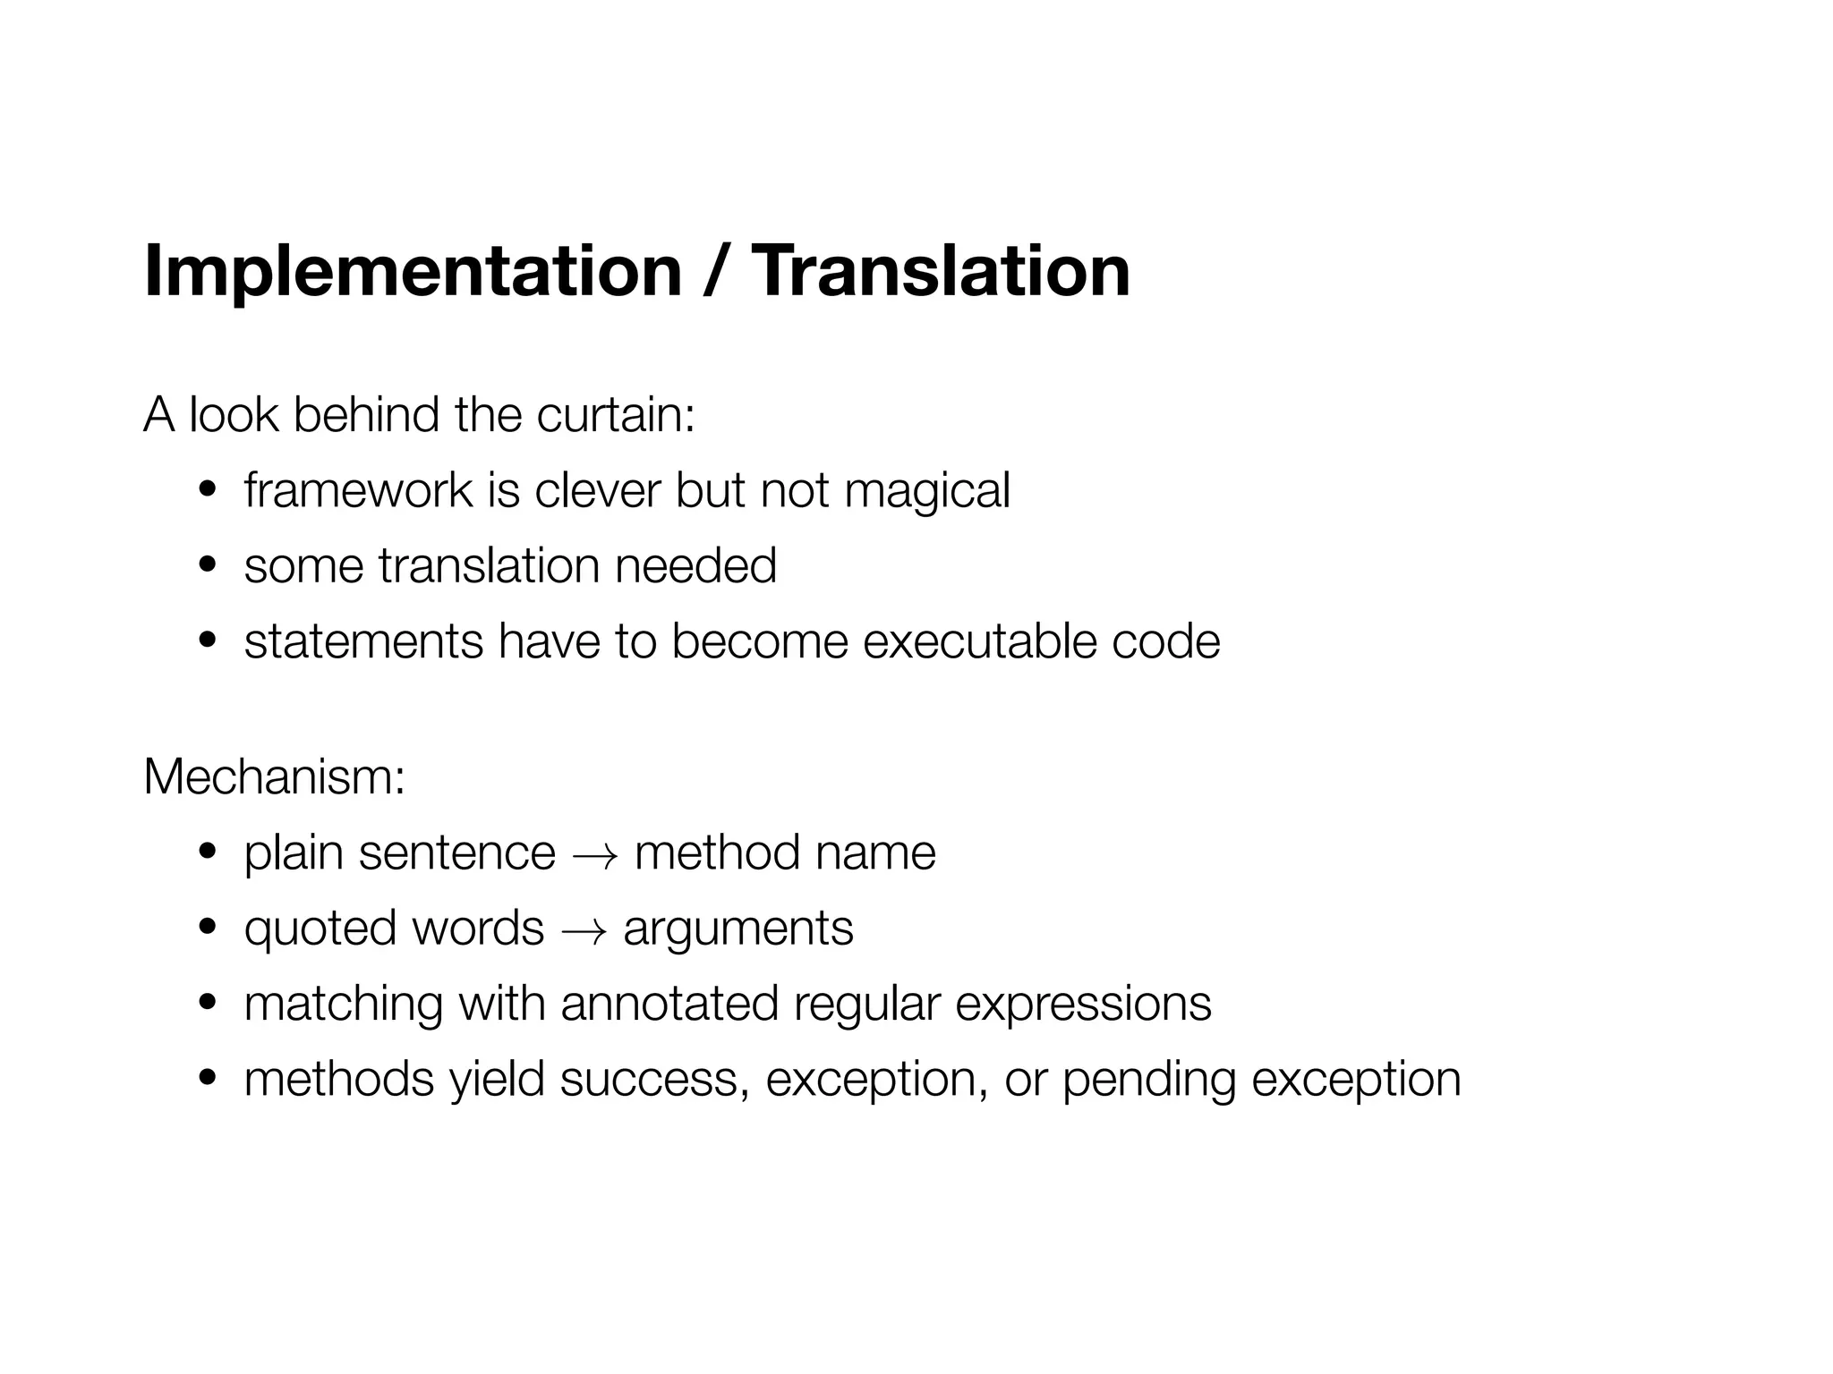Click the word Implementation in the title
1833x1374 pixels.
click(x=413, y=271)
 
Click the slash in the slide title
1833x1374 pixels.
click(x=714, y=271)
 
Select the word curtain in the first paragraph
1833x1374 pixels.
click(x=615, y=415)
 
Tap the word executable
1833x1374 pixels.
click(x=979, y=641)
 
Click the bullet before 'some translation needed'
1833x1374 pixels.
click(x=208, y=566)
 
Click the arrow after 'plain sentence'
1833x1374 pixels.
click(x=594, y=855)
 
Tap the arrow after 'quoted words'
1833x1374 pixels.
click(x=584, y=930)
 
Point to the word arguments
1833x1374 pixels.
click(x=738, y=929)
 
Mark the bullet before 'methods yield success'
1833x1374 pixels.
click(x=208, y=1080)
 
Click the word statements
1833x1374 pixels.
click(x=363, y=641)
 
